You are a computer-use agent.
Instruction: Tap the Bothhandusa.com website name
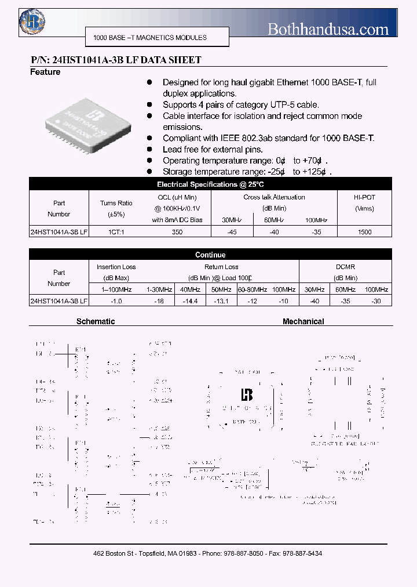[328, 28]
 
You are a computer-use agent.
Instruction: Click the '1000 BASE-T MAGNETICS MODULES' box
[150, 38]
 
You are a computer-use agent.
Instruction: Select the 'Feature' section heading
[45, 72]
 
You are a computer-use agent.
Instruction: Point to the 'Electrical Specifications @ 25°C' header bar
[210, 184]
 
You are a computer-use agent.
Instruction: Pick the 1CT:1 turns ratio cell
[116, 232]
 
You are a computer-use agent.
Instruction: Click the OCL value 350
[177, 232]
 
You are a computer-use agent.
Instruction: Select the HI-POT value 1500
[364, 232]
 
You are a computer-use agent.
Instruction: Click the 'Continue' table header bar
[210, 255]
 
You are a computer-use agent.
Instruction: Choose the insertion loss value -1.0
[116, 301]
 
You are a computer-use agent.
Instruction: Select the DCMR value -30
[376, 301]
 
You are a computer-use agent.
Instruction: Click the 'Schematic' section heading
[96, 321]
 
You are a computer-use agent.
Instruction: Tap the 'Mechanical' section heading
[303, 321]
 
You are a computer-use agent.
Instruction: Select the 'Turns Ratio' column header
[116, 203]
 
